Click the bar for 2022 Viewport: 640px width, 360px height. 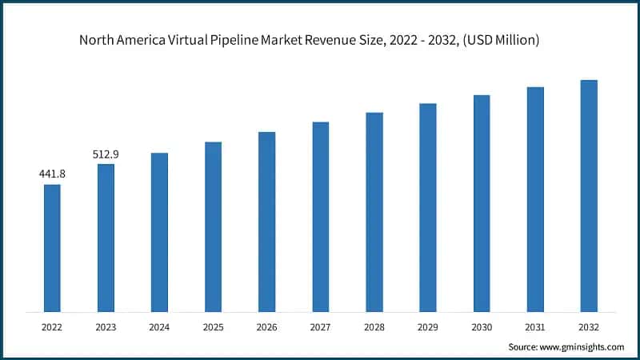coord(52,248)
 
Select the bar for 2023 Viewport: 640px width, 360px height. coord(106,238)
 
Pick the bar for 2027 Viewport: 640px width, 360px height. coord(320,217)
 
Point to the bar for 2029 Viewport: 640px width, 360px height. coord(428,207)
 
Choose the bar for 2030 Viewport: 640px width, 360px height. coord(482,203)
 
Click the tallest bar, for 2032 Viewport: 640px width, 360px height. coord(589,196)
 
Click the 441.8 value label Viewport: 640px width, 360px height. coord(52,174)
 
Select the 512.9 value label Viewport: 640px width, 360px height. coord(106,153)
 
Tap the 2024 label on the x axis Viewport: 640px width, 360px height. coord(159,327)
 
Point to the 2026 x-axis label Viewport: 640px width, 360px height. coord(266,327)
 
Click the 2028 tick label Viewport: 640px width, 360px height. coord(374,327)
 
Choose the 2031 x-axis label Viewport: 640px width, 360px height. coord(535,327)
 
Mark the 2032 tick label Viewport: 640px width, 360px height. coord(589,327)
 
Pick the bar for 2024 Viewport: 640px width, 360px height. coord(159,232)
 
